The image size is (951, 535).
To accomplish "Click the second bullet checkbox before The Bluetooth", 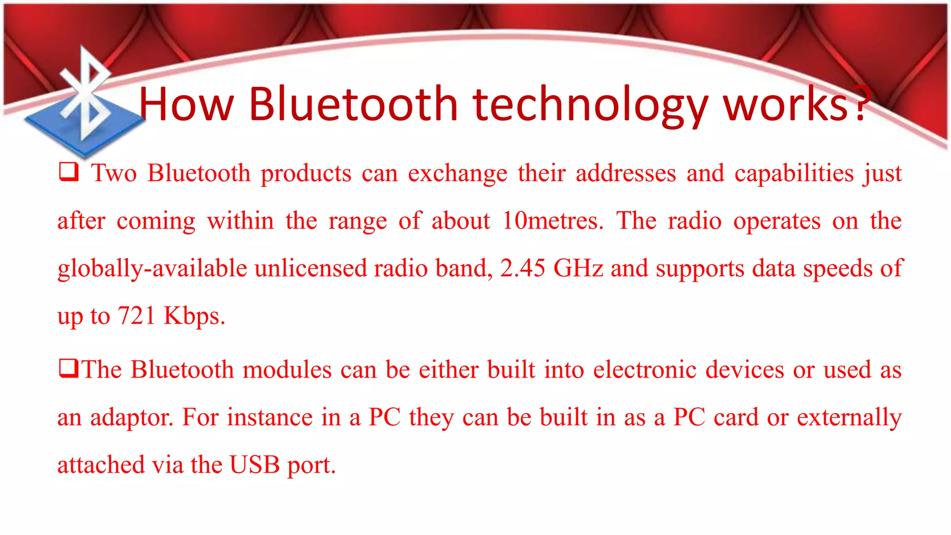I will pyautogui.click(x=68, y=369).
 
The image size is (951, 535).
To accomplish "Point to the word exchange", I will pyautogui.click(x=457, y=174).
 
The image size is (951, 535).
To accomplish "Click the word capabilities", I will pyautogui.click(x=794, y=174).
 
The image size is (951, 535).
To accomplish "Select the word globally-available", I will pyautogui.click(x=152, y=269).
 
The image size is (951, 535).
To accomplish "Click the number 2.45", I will pyautogui.click(x=522, y=268).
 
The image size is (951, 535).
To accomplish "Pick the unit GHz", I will pyautogui.click(x=578, y=268).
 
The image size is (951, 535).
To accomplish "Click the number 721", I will pyautogui.click(x=137, y=316).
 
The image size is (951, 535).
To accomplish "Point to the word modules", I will pyautogui.click(x=287, y=370).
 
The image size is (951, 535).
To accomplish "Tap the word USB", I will pyautogui.click(x=254, y=465).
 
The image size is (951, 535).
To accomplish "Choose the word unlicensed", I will pyautogui.click(x=311, y=268).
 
